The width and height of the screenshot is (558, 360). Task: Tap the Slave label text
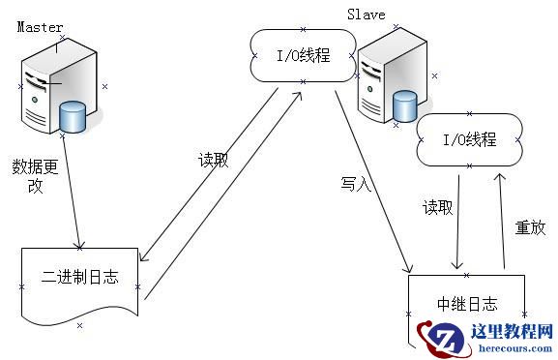tap(366, 14)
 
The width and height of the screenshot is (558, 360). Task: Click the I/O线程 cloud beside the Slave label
tap(303, 55)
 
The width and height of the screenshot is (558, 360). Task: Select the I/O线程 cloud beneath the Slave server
tap(468, 141)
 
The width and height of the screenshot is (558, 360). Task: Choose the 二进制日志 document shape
tap(80, 280)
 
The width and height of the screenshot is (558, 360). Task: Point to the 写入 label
tap(355, 183)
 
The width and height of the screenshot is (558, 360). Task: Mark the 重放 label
tap(530, 228)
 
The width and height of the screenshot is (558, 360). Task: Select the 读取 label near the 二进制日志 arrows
tap(213, 161)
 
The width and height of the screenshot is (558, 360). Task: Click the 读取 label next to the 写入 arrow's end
tap(438, 207)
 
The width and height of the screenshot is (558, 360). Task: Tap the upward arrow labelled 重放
tap(501, 218)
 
